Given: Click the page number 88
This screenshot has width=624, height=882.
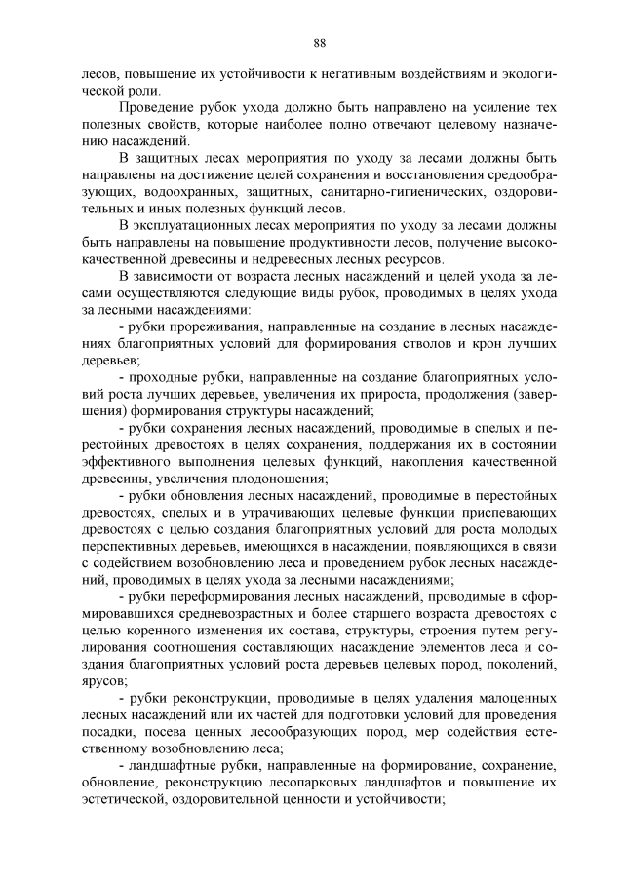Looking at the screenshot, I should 319,42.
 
